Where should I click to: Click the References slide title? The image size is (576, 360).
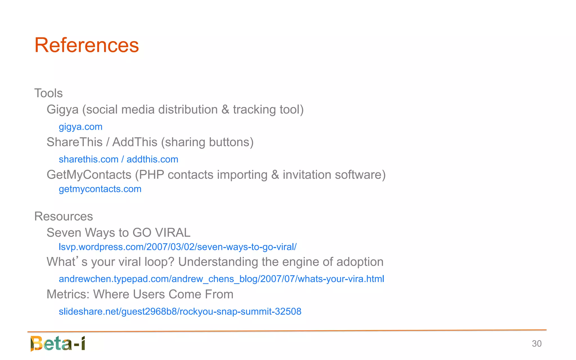pyautogui.click(x=87, y=45)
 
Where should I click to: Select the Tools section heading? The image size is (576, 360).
pyautogui.click(x=48, y=93)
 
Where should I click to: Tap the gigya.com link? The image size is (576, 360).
pyautogui.click(x=80, y=127)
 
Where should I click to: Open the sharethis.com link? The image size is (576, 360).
pyautogui.click(x=89, y=159)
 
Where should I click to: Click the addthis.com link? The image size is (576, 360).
pyautogui.click(x=152, y=159)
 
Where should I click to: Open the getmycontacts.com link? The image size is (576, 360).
pyautogui.click(x=100, y=189)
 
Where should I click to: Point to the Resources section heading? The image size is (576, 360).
pyautogui.click(x=64, y=216)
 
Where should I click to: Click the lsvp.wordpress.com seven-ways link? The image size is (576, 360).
pyautogui.click(x=177, y=247)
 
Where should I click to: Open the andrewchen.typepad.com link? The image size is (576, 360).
pyautogui.click(x=221, y=279)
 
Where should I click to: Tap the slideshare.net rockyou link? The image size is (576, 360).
pyautogui.click(x=180, y=311)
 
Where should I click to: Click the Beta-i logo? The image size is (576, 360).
pyautogui.click(x=58, y=343)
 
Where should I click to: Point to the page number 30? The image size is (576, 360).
pyautogui.click(x=537, y=344)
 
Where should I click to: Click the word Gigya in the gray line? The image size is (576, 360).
pyautogui.click(x=62, y=110)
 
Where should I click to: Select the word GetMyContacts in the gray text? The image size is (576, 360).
pyautogui.click(x=89, y=175)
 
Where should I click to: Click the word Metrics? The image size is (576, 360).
pyautogui.click(x=68, y=294)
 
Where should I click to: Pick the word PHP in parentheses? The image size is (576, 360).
pyautogui.click(x=151, y=175)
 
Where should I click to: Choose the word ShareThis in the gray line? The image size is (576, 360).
pyautogui.click(x=75, y=142)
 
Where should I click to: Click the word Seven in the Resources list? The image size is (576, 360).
pyautogui.click(x=64, y=233)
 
